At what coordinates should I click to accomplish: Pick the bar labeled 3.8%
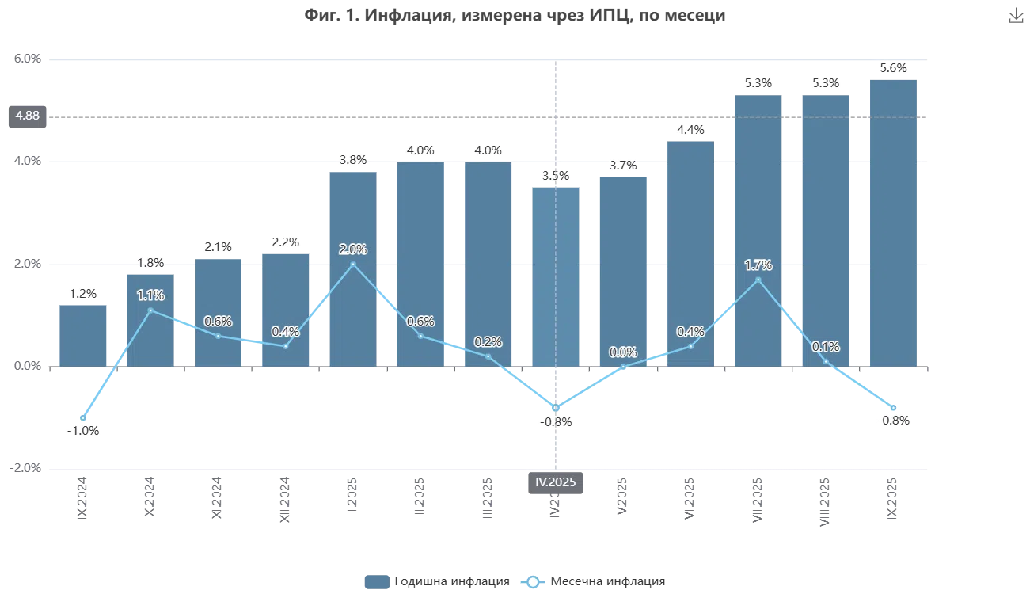(354, 268)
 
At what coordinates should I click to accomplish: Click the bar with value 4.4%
(690, 253)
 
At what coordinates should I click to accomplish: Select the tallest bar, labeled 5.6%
(893, 221)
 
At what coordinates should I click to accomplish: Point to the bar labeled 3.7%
(624, 268)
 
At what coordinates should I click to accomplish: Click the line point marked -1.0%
(82, 417)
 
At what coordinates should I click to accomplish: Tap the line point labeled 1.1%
(150, 310)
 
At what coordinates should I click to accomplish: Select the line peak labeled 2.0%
(353, 264)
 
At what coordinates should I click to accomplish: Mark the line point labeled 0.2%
(488, 356)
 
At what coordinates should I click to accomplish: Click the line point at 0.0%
(624, 367)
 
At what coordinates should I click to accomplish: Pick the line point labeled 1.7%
(758, 280)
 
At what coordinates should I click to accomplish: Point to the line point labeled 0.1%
(826, 362)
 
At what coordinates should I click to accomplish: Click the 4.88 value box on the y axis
(28, 116)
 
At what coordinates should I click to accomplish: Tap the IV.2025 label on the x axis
(557, 482)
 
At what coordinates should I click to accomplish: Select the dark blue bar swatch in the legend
(376, 581)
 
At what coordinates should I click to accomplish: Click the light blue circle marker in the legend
(534, 581)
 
